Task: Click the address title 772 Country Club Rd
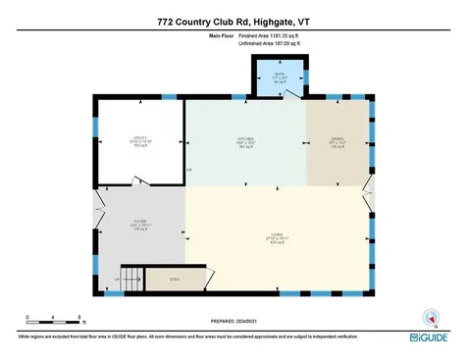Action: click(233, 19)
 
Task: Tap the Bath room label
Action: click(280, 78)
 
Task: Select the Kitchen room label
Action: click(244, 142)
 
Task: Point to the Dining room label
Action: click(338, 142)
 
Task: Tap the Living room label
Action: click(278, 236)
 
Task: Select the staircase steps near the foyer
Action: click(130, 278)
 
